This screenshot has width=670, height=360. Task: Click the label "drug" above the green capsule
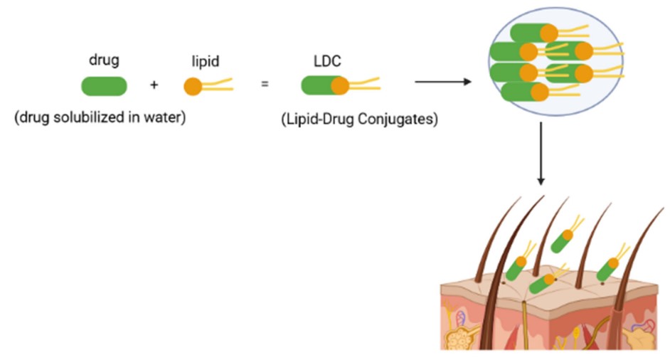(x=104, y=60)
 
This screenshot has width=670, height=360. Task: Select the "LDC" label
(x=327, y=61)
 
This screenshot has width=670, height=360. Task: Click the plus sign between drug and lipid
(x=154, y=85)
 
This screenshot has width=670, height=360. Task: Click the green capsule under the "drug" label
(x=104, y=86)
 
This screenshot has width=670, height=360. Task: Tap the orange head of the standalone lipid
(x=193, y=86)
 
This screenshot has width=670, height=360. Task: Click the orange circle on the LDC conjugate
(x=339, y=86)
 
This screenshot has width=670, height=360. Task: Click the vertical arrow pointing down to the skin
(x=541, y=154)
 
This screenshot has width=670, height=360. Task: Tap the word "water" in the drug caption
(x=169, y=118)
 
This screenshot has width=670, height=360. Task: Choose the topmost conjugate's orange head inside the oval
(x=548, y=33)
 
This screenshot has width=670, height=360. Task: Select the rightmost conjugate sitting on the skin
(x=609, y=269)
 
